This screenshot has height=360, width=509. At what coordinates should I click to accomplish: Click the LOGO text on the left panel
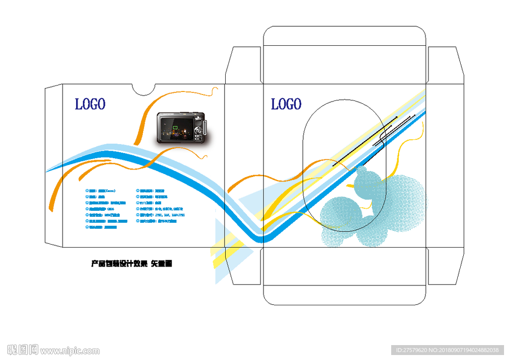(90, 104)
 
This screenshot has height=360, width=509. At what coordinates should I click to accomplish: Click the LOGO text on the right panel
(286, 104)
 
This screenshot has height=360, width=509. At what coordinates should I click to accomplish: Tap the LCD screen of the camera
(175, 128)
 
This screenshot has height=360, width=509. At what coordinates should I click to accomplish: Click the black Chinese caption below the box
(132, 264)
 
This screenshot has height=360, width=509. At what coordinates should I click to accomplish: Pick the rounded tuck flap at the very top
(345, 36)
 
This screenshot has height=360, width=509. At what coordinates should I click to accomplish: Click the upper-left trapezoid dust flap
(244, 65)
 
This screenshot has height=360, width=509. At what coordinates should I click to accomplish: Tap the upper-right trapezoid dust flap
(445, 65)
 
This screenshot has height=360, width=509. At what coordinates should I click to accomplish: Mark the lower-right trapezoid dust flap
(445, 267)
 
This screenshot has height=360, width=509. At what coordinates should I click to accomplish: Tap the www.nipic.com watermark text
(70, 351)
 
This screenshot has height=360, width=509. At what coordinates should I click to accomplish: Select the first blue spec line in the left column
(101, 190)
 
